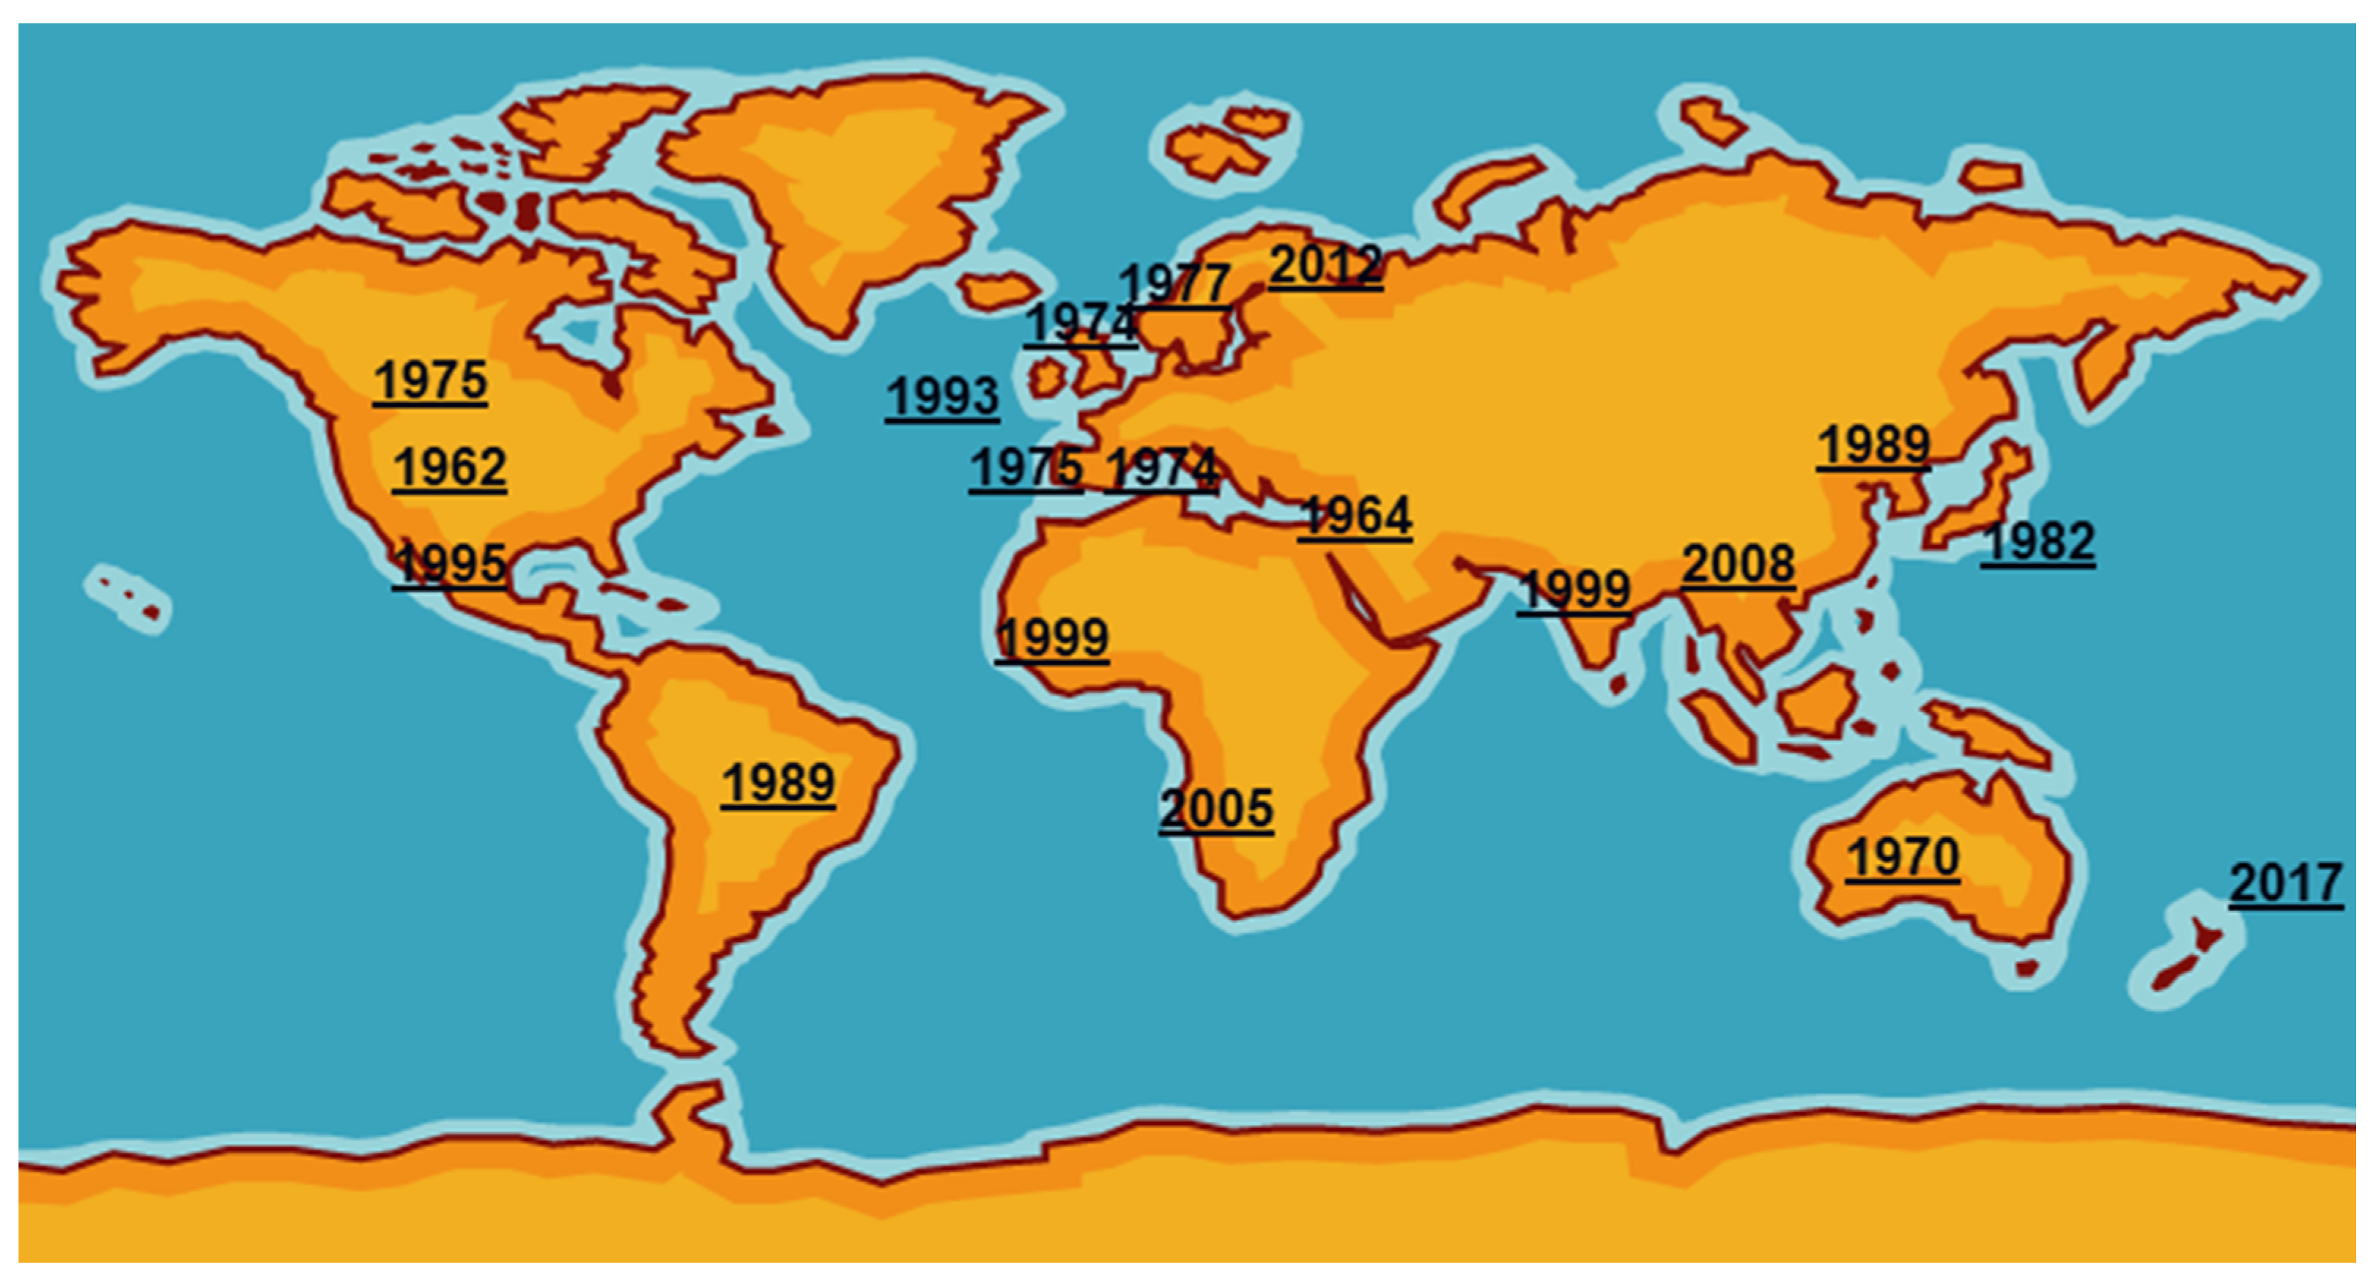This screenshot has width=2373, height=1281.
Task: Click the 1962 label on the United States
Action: coord(450,468)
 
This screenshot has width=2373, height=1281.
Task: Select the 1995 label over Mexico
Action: coord(450,564)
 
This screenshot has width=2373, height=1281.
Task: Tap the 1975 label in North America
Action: coord(430,380)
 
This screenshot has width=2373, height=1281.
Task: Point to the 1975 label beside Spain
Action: coord(1025,468)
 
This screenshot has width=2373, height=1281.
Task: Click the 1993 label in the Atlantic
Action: coord(941,398)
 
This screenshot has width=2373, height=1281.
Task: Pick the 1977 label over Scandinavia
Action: coord(1174,283)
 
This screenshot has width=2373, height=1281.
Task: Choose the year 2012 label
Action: coord(1325,265)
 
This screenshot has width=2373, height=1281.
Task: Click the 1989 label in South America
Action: coord(777,784)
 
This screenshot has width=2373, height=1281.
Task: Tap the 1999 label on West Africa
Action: coord(1051,637)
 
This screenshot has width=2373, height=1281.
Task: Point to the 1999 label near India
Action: coord(1574,590)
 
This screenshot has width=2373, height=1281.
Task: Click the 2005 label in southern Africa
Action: coord(1216,809)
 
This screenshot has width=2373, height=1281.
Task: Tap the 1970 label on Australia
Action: coord(1902,858)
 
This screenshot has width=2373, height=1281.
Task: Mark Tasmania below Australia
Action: coord(2025,969)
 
